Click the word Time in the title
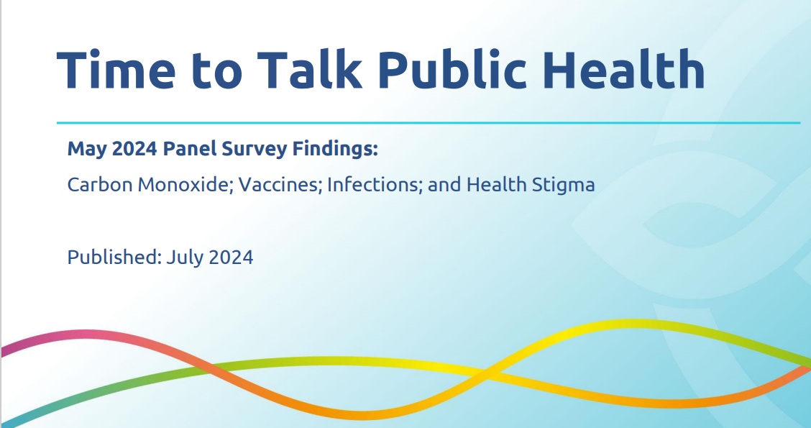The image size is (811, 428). (116, 69)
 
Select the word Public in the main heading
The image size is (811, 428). (452, 69)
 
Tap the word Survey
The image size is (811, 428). (254, 150)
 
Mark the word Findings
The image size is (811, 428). (335, 150)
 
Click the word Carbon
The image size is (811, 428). (100, 184)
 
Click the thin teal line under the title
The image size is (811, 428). (429, 123)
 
